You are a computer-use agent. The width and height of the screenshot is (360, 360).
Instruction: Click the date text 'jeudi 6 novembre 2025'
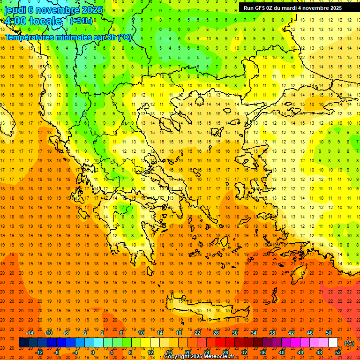53,10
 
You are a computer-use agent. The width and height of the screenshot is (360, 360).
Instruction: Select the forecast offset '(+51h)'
81,21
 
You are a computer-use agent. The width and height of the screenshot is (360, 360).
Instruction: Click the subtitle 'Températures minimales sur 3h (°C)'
68,37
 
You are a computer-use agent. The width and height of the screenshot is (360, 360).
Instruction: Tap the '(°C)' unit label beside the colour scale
349,343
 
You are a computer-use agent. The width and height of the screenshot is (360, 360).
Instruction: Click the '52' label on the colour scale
338,352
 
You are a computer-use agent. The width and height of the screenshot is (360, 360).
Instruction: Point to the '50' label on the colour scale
329,333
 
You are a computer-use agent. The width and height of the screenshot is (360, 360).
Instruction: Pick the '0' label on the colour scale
92,352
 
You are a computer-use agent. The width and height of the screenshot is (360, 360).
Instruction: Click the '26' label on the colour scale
216,333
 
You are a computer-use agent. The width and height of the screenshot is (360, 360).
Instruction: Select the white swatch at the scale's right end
333,343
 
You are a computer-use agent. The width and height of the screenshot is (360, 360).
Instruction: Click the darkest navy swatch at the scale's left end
23,343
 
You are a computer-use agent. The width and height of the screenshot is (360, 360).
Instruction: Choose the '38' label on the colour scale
272,333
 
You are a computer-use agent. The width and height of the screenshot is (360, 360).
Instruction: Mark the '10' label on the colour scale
141,333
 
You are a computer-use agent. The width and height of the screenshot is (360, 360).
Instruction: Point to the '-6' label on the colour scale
66,333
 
